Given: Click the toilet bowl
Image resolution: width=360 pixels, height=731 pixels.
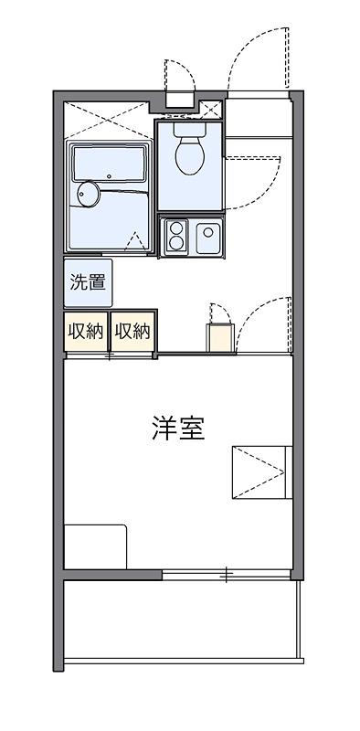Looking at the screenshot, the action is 190,155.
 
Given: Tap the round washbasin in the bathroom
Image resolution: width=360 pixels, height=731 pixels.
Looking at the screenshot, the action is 89,194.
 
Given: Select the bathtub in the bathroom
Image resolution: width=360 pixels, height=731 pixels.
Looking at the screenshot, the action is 110,164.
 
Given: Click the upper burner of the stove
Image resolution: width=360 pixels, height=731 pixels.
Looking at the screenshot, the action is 176,228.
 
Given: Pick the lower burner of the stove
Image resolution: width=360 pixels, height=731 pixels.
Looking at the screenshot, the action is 176,243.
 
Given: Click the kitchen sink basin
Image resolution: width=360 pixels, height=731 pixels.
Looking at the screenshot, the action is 208,238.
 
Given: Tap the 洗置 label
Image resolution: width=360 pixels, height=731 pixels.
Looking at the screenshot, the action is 88,282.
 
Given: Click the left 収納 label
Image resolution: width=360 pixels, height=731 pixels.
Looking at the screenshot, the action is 86,331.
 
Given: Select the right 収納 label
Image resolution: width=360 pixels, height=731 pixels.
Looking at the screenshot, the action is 132,331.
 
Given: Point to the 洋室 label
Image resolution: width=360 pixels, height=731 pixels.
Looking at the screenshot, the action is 178,429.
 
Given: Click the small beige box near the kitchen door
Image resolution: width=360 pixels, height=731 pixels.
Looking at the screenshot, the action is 219,338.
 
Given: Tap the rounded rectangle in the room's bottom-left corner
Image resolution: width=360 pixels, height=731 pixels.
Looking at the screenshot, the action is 96,546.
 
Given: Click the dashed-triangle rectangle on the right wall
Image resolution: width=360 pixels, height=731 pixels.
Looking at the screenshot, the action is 262,472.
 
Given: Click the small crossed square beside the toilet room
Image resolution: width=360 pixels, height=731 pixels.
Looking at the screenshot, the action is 212,110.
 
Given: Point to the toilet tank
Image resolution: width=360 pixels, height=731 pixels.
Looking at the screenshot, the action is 190,129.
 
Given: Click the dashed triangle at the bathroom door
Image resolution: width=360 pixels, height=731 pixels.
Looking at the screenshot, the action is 135,242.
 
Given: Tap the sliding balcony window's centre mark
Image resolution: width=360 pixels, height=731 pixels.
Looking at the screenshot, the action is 227,574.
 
